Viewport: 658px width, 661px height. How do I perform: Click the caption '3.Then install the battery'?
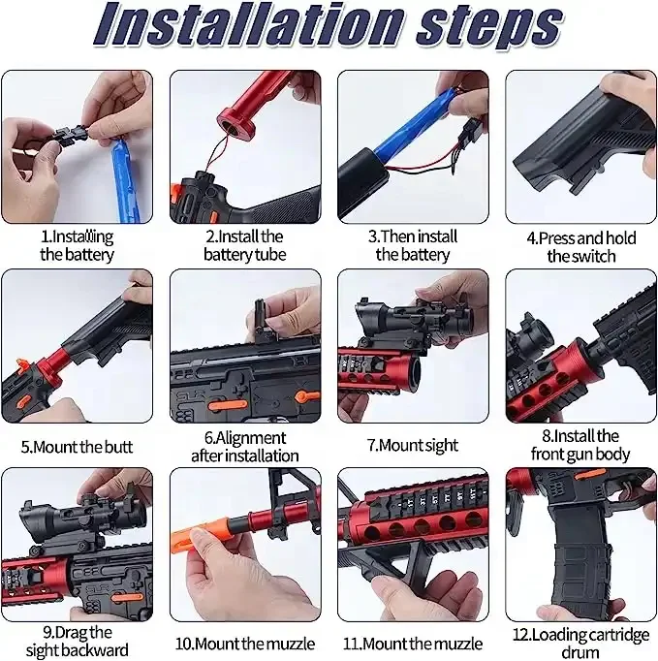click(x=413, y=245)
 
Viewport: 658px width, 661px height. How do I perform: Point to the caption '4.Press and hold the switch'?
click(x=580, y=246)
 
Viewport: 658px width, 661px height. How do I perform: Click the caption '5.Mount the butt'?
click(x=78, y=448)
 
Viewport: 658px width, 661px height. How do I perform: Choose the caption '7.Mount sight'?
click(x=412, y=445)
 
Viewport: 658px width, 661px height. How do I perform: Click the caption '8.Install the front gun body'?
click(x=580, y=445)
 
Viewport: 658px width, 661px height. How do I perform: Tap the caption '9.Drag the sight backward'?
click(x=78, y=641)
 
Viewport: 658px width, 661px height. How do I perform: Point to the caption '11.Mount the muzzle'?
click(x=412, y=643)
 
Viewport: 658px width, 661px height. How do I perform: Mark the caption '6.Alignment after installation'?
click(x=244, y=446)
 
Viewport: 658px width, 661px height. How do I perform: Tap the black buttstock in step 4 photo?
click(x=572, y=145)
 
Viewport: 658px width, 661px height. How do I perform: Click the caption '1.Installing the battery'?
click(x=78, y=245)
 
